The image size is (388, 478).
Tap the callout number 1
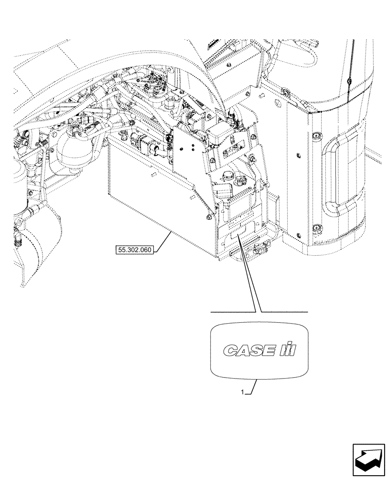click(243, 392)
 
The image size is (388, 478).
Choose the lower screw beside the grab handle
click(316, 227)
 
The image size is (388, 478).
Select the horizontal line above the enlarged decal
click(260, 312)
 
